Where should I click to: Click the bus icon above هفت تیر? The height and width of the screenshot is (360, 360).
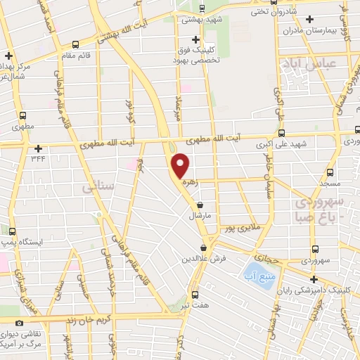[x=195, y=295]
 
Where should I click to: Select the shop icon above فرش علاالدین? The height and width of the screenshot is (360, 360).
[x=203, y=248]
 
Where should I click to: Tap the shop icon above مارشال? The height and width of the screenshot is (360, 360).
[x=200, y=205]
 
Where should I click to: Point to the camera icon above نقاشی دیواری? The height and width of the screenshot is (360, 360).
[x=19, y=322]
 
